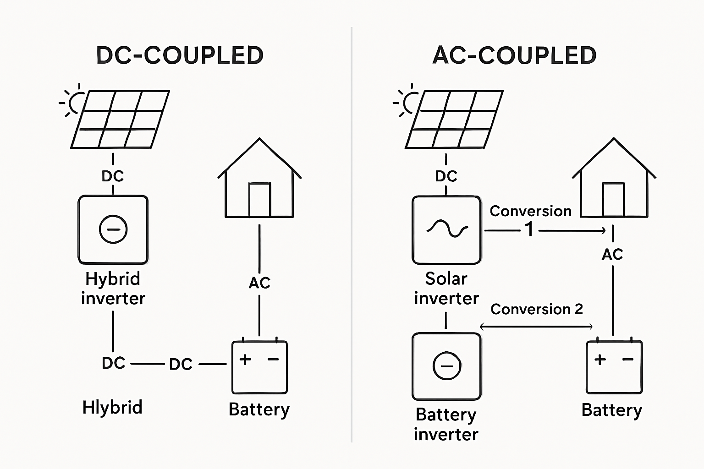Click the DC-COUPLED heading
coord(180,55)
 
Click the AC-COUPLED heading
coord(514,55)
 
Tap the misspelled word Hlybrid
coord(112,407)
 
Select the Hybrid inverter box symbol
coord(113,229)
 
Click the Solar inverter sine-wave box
coord(446,229)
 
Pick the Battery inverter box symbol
coord(446,366)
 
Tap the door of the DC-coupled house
coord(259,200)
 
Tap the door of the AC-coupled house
coord(613,200)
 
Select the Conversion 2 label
coord(537,309)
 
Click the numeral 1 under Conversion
coord(529,229)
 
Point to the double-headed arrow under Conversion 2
coord(536,327)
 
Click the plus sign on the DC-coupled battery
coord(245,359)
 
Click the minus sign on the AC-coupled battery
coord(628,360)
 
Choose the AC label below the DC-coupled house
coord(259,283)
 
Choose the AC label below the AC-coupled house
coord(612,254)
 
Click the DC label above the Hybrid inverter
coord(113,176)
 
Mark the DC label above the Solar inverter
coord(446,176)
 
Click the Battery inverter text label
coord(446,424)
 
